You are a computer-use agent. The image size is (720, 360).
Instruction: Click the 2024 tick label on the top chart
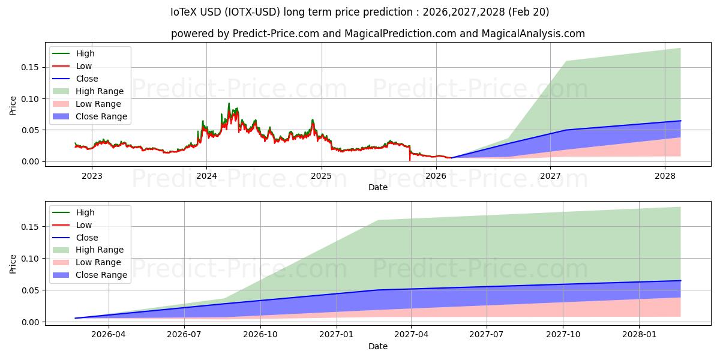pyautogui.click(x=206, y=176)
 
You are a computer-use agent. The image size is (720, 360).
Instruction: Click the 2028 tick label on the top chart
pyautogui.click(x=665, y=176)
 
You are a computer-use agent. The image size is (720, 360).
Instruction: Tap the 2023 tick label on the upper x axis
pyautogui.click(x=92, y=176)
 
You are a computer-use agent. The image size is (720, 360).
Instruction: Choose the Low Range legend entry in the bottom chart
pyautogui.click(x=98, y=262)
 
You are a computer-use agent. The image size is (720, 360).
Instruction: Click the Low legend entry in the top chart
pyautogui.click(x=84, y=66)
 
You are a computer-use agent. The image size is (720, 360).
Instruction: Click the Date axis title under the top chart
pyautogui.click(x=378, y=187)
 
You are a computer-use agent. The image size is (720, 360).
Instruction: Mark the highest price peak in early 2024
pyautogui.click(x=229, y=103)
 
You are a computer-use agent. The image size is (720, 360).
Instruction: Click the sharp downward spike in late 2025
pyautogui.click(x=410, y=160)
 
